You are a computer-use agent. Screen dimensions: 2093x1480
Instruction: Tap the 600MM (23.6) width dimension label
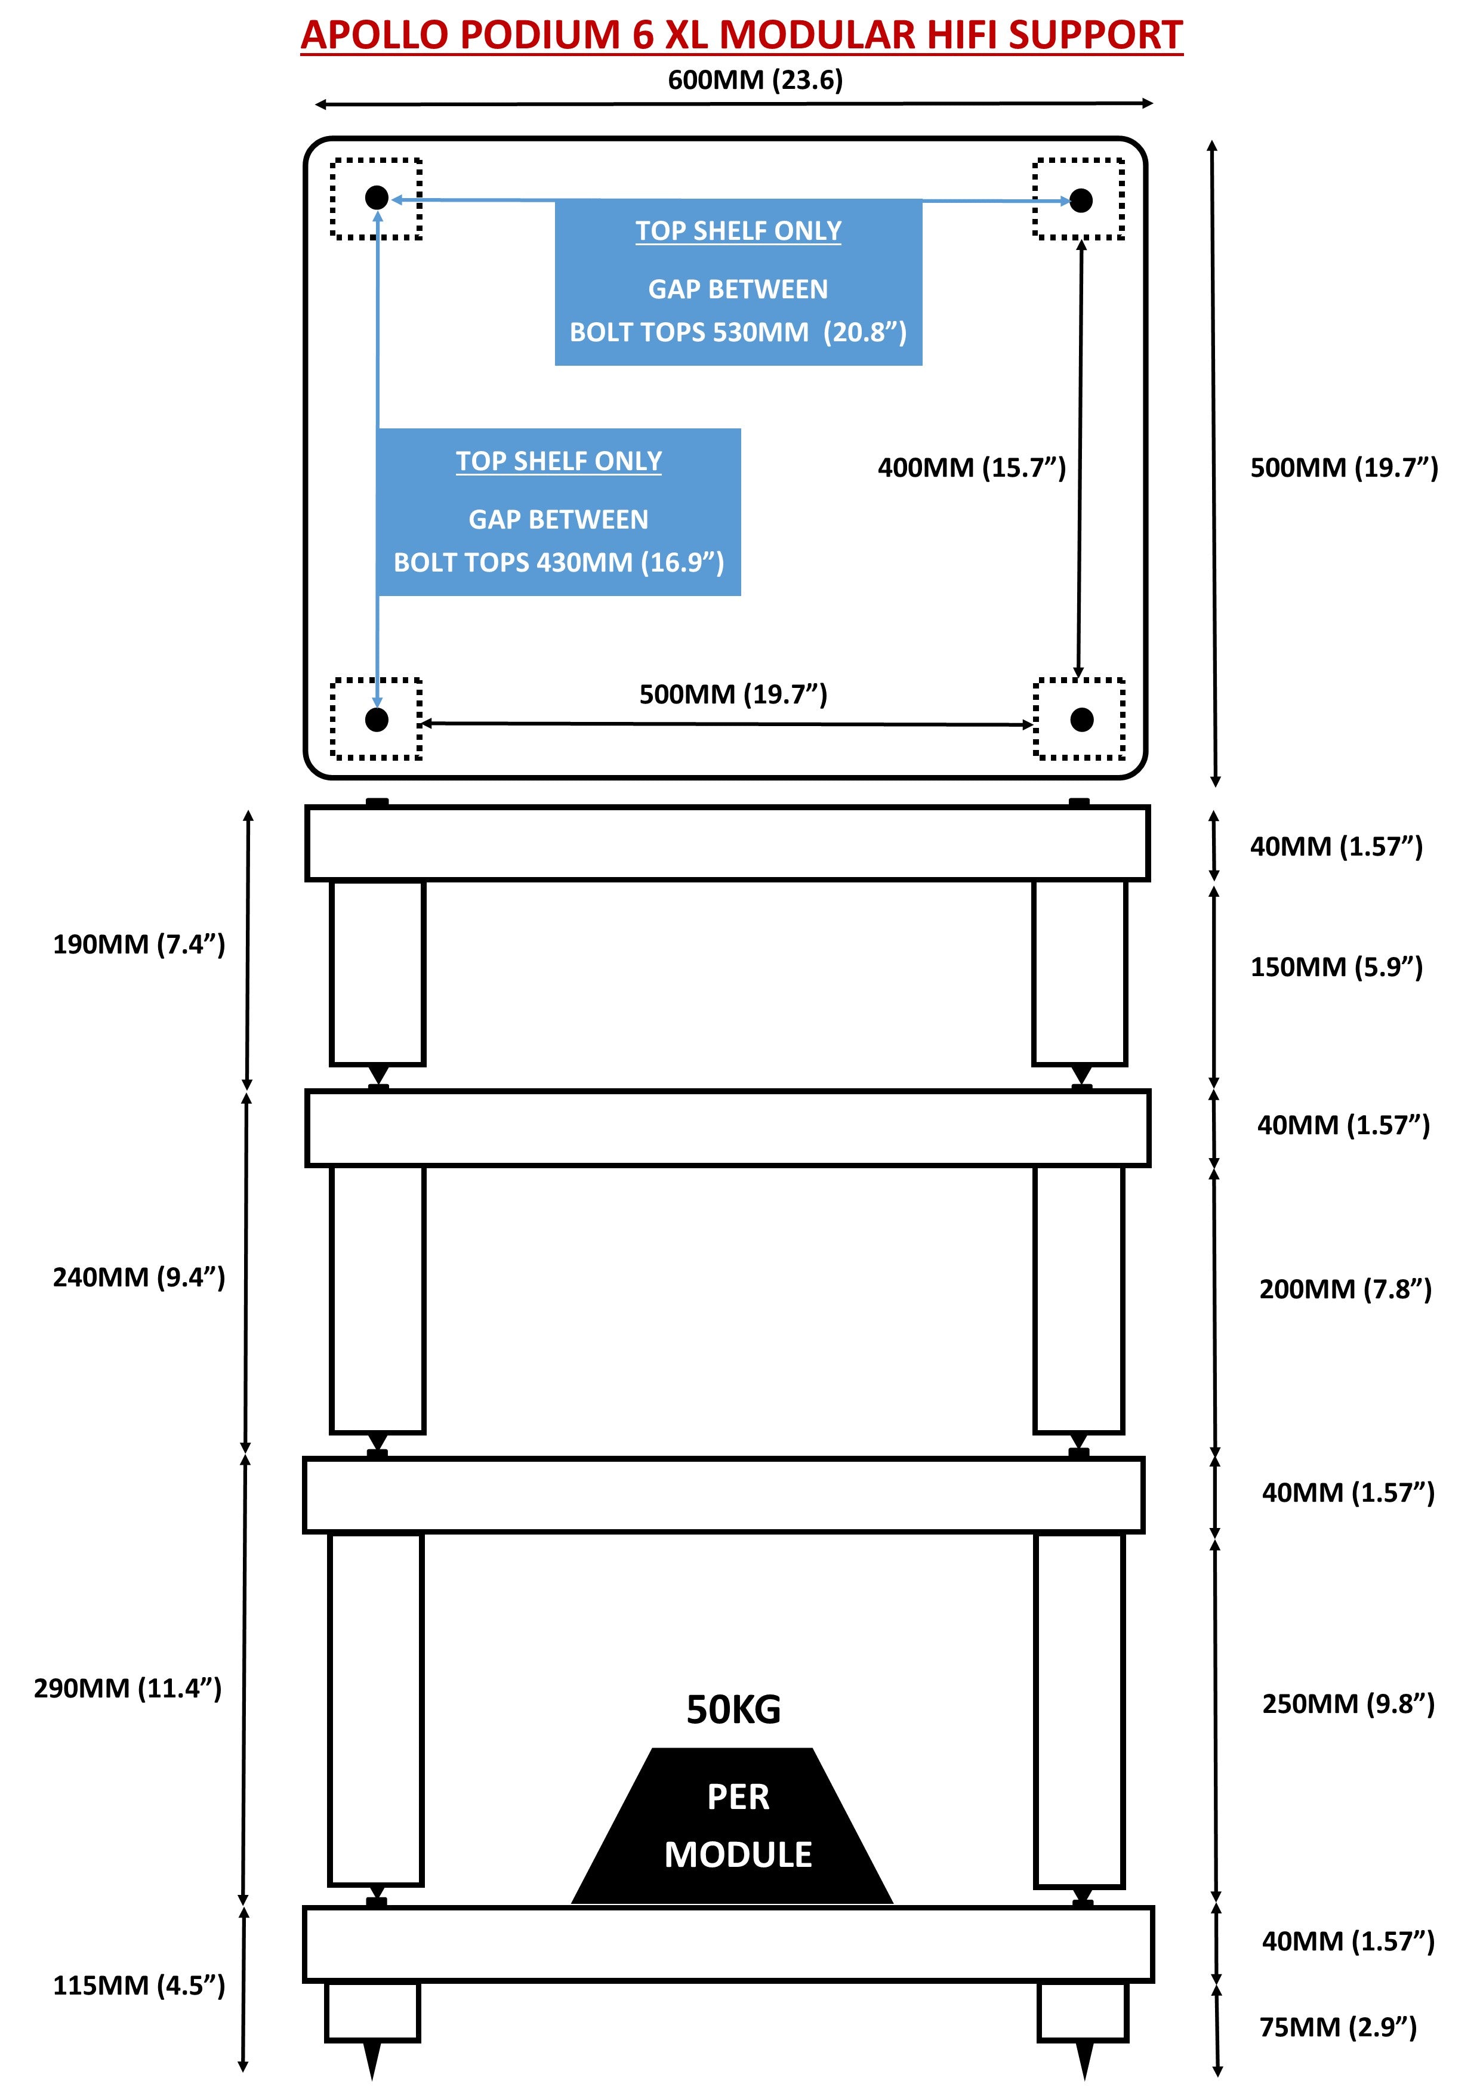point(755,80)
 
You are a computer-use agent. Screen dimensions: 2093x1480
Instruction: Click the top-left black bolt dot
point(377,198)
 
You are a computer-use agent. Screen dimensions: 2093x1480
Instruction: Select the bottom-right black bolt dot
point(1081,720)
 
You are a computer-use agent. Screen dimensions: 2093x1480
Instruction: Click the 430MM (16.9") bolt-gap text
point(558,563)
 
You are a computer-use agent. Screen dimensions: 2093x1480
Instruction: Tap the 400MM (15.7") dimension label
point(971,468)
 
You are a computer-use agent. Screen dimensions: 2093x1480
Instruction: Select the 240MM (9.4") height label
point(138,1277)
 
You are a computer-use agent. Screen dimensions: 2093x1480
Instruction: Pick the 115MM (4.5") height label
point(138,1986)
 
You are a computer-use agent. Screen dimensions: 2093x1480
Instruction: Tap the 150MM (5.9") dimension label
point(1336,967)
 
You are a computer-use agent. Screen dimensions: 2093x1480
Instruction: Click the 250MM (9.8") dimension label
point(1348,1704)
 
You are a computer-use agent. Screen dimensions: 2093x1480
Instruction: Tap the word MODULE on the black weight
point(738,1854)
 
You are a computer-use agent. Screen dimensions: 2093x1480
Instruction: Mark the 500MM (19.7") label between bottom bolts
point(732,694)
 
